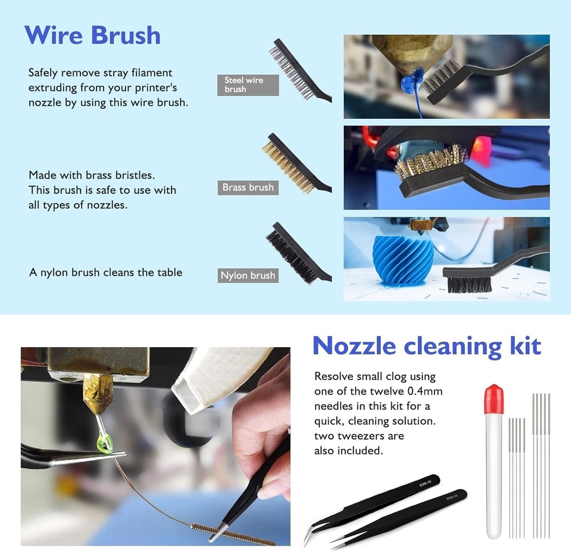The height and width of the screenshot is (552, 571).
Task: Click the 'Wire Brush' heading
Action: (93, 35)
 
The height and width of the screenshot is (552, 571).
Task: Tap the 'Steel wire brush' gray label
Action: (248, 84)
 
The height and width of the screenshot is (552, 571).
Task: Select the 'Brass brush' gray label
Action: (248, 187)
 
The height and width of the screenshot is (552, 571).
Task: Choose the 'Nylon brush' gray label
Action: (248, 275)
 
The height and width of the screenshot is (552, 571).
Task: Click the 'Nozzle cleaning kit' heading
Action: (427, 345)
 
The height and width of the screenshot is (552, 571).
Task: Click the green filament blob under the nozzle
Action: (105, 442)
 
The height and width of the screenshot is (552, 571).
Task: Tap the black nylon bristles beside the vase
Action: (469, 284)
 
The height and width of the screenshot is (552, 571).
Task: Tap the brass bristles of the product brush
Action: (282, 162)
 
